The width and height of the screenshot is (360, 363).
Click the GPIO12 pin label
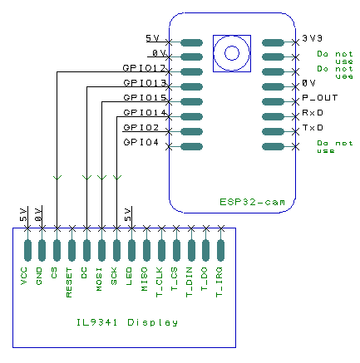pyautogui.click(x=144, y=69)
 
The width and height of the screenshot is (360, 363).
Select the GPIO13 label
pyautogui.click(x=144, y=84)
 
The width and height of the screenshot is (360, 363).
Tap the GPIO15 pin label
pyautogui.click(x=144, y=99)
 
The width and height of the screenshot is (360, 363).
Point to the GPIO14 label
pyautogui.click(x=144, y=113)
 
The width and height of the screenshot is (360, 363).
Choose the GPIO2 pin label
pyautogui.click(x=141, y=128)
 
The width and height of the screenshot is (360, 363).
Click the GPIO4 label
pyautogui.click(x=141, y=143)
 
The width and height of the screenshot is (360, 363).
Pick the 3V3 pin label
pyautogui.click(x=312, y=38)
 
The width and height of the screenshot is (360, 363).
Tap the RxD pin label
pyautogui.click(x=312, y=113)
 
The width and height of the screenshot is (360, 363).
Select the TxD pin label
pyautogui.click(x=312, y=128)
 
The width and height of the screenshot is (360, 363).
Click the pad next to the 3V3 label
pyautogui.click(x=273, y=42)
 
